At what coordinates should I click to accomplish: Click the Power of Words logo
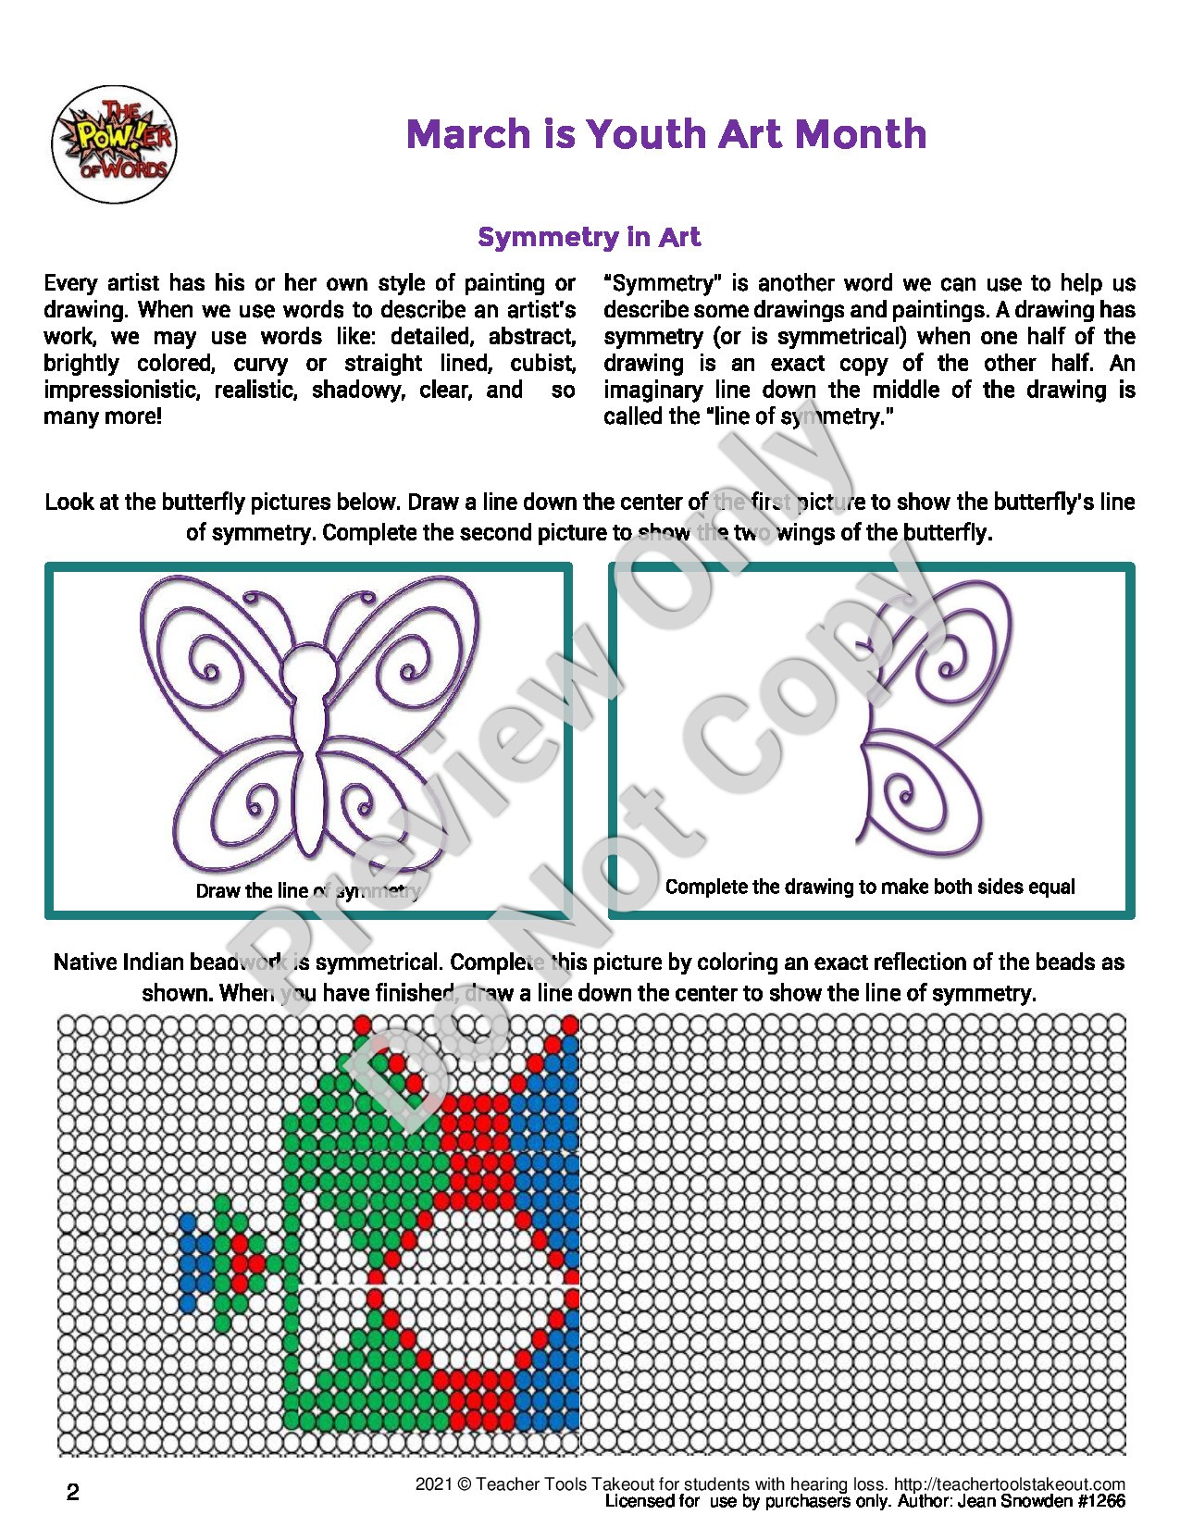tap(113, 144)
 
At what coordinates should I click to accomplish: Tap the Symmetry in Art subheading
tap(589, 237)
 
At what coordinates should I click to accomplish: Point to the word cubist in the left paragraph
tap(543, 363)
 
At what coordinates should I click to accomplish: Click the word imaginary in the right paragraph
tap(652, 390)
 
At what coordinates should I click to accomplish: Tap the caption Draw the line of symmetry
tap(308, 890)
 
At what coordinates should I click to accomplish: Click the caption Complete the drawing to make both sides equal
tap(870, 887)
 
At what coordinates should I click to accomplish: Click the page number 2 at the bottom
tap(73, 1492)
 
